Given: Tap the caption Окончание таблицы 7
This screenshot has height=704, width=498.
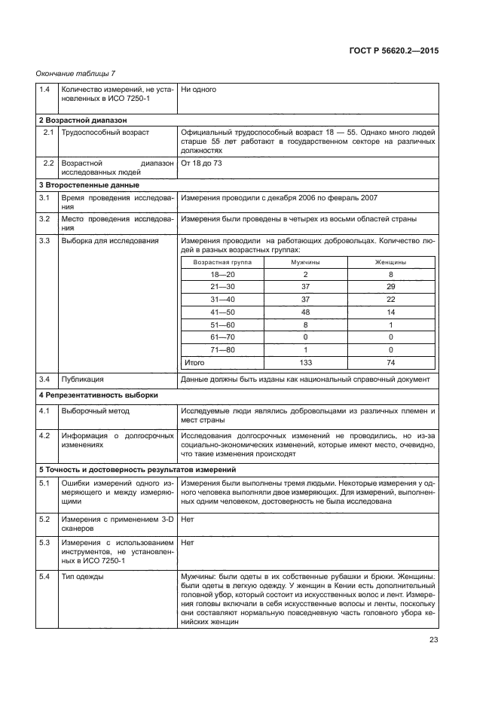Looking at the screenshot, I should (x=75, y=72).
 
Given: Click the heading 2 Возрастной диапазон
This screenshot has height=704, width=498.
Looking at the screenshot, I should (x=83, y=120).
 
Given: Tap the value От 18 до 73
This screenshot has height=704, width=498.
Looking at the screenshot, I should (x=201, y=163).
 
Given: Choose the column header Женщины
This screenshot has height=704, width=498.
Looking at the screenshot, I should (x=390, y=262).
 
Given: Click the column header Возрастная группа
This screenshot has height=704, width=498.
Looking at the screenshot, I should (x=222, y=262).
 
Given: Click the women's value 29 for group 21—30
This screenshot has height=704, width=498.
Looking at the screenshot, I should (x=390, y=287).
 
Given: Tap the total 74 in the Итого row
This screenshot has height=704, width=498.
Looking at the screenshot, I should (x=390, y=362).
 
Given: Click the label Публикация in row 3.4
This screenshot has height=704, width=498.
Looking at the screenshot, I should (x=82, y=379).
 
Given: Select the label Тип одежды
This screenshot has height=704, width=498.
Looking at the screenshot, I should (x=83, y=576).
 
